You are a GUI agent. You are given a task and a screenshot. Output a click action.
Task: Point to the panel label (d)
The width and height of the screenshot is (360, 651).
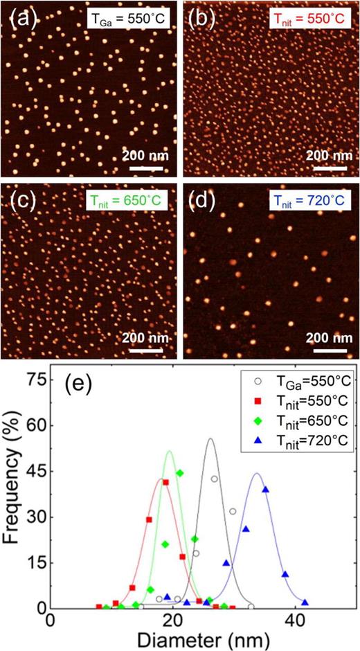(x=203, y=202)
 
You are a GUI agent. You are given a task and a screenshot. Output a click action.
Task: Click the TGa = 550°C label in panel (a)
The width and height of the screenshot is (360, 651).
(x=129, y=21)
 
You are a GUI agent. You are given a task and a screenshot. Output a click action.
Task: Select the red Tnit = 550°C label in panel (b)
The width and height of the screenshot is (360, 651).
(x=308, y=21)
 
